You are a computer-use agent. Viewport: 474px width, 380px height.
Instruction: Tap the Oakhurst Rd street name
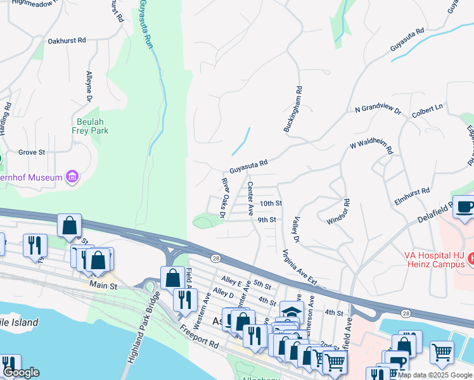point(67,41)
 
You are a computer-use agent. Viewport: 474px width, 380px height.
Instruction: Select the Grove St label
point(32,152)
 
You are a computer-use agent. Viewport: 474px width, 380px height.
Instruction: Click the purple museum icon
point(72,177)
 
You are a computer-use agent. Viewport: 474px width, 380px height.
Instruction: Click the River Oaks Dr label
point(224,198)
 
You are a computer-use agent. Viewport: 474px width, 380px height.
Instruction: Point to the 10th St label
point(271,203)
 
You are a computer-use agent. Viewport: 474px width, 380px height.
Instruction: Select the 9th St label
point(266,220)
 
